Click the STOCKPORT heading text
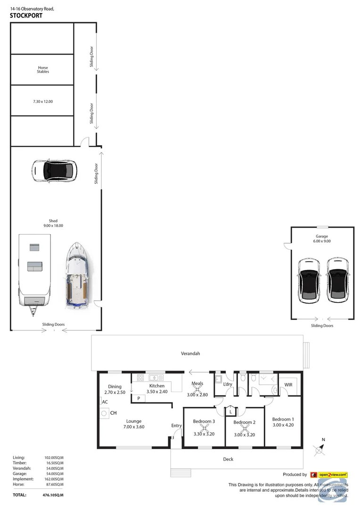pos(26,16)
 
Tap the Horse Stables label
pos(43,70)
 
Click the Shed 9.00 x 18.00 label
pos(56,223)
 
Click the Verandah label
pos(190,353)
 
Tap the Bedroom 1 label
pos(283,419)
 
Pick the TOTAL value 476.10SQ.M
pos(52,495)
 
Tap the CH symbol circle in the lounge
pos(103,413)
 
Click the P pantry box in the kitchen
pos(139,398)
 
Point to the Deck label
pos(228,459)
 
